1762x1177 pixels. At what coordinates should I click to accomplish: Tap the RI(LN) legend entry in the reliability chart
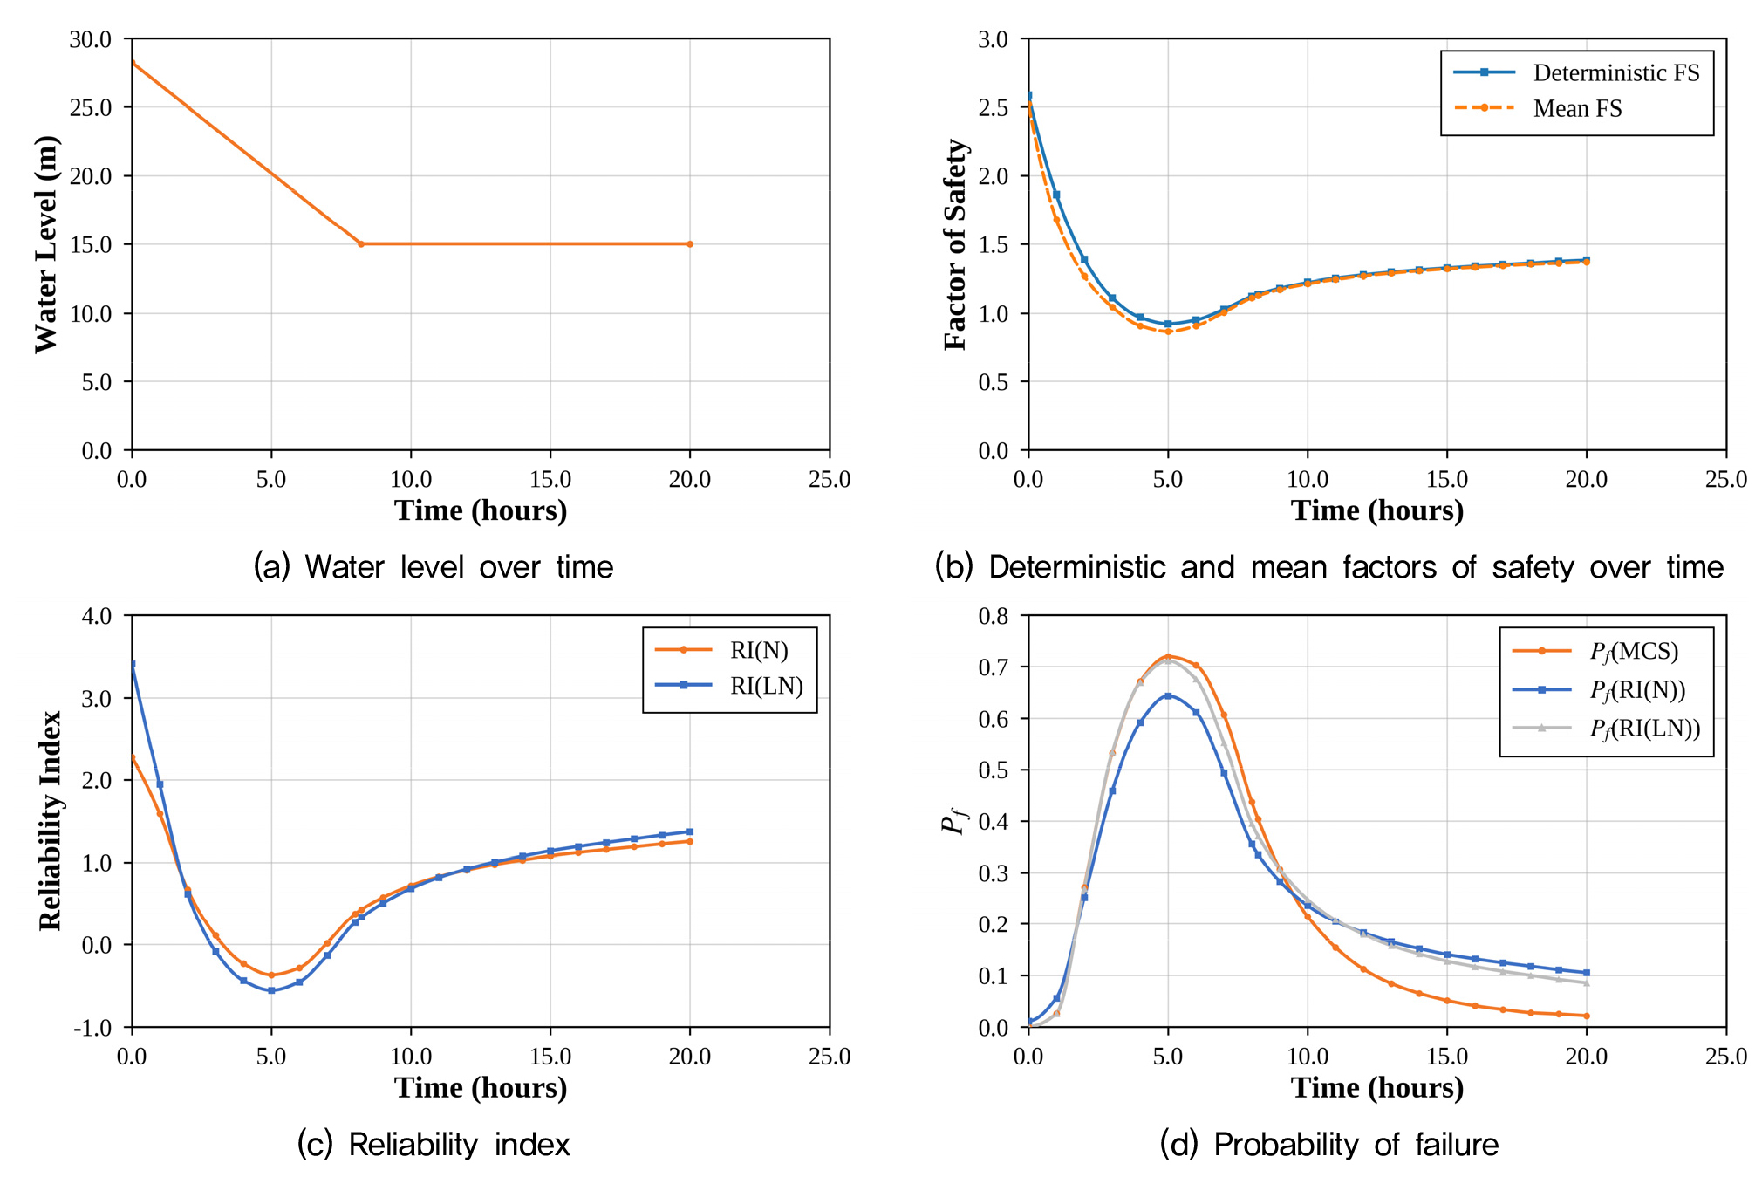click(x=729, y=686)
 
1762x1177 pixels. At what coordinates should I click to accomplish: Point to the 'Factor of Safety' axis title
click(x=955, y=244)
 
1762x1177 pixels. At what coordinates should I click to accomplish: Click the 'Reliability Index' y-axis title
click(x=50, y=821)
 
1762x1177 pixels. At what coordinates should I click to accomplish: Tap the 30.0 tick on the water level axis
click(x=91, y=39)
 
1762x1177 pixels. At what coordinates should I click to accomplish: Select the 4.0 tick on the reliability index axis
click(x=97, y=616)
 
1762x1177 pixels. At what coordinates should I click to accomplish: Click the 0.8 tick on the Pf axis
click(x=994, y=616)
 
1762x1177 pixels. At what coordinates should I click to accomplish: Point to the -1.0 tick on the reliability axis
click(x=92, y=1028)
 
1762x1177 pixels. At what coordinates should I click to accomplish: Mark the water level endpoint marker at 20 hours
click(x=690, y=244)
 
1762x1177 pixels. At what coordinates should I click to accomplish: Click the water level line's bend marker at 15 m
click(x=361, y=244)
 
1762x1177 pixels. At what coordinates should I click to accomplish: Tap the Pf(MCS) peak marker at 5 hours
click(x=1168, y=656)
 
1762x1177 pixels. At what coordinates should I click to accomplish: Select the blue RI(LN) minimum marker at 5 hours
click(x=271, y=990)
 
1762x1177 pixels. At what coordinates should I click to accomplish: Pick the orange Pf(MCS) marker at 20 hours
click(x=1587, y=1016)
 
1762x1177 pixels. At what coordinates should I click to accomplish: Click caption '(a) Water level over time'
click(x=434, y=567)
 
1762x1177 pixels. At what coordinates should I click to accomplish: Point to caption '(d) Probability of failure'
click(x=1329, y=1145)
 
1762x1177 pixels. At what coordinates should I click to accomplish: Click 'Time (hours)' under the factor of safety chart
click(x=1377, y=510)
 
